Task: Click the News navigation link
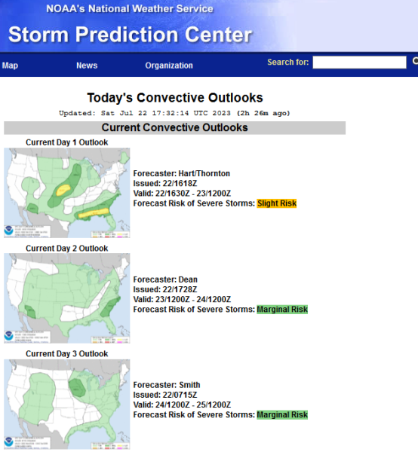87,66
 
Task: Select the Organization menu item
169,66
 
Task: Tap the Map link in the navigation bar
10,66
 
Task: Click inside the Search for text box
359,63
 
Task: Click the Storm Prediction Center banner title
131,35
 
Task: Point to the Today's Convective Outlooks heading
175,98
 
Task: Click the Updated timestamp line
174,113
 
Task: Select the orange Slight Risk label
277,203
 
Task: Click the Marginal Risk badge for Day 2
282,310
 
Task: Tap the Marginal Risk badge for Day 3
282,415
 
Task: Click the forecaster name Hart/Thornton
204,173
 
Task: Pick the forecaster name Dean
188,279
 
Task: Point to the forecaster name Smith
189,385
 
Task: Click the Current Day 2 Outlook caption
66,249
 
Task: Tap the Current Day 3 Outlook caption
66,354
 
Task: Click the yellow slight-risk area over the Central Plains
63,191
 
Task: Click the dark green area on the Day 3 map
77,388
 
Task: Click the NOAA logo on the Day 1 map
8,231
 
